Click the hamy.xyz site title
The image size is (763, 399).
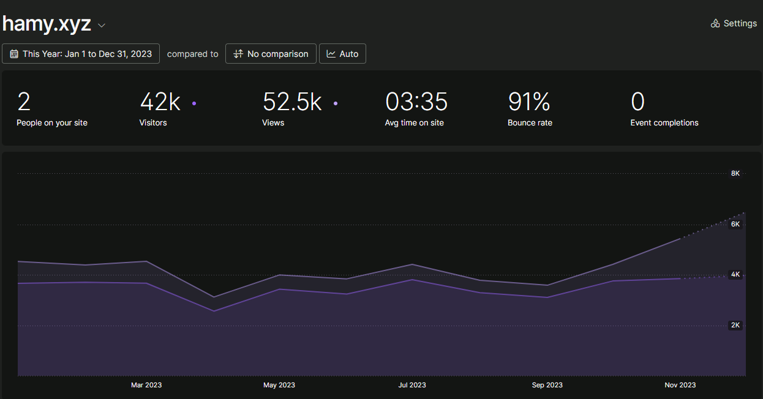[47, 24]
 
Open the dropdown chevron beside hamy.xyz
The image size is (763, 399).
[102, 25]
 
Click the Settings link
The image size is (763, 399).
[734, 23]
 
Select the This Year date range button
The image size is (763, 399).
[81, 54]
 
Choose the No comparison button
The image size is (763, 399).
[271, 54]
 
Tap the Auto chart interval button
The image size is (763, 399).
[342, 54]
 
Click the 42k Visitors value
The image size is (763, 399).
[160, 102]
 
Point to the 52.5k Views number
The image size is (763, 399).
[292, 102]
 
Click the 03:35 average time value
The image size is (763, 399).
[416, 102]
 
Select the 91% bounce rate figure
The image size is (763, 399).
[529, 102]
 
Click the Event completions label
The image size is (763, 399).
[664, 123]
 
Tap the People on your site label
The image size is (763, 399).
[52, 123]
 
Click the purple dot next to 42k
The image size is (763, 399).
[194, 103]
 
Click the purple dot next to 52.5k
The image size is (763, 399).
[336, 103]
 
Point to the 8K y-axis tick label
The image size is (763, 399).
[735, 174]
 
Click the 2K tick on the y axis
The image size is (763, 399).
[735, 326]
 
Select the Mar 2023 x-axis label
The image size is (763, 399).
[146, 385]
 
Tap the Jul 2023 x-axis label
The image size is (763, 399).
[412, 385]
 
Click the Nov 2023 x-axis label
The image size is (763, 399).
[680, 385]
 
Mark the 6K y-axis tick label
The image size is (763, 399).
[735, 225]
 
